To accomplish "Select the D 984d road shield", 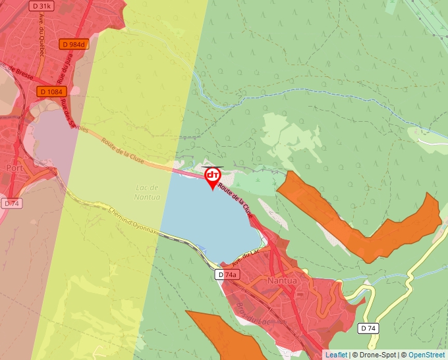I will point(72,44).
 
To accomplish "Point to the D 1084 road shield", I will point(51,91).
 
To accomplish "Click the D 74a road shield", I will point(226,274).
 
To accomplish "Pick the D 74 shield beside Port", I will point(11,203).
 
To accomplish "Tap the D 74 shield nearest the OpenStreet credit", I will point(369,328).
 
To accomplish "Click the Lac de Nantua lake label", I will point(147,192).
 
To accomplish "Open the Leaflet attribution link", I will point(336,355).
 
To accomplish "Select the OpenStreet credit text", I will point(427,355).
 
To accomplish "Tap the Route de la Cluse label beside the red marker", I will point(235,200).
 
